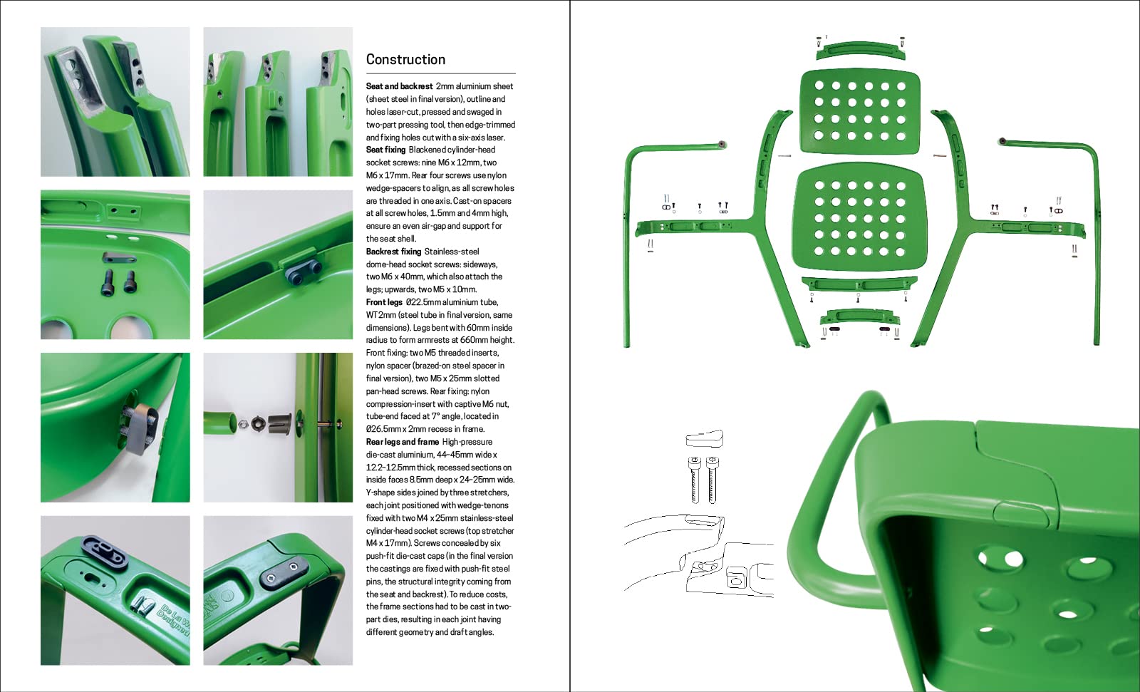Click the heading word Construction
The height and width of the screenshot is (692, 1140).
coord(405,60)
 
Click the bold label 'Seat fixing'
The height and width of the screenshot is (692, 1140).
coord(385,150)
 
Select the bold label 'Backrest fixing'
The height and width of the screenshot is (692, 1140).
coord(393,252)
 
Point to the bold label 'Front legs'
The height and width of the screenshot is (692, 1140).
coord(384,302)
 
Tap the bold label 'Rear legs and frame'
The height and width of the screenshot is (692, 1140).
coord(402,442)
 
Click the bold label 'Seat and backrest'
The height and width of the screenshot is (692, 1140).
coord(399,86)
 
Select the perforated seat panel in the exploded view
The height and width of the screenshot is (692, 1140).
coord(859,217)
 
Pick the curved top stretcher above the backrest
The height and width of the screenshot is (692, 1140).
coord(861,49)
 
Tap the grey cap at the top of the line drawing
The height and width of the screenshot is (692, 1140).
coord(705,438)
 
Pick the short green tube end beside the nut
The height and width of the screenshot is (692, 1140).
coord(219,422)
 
